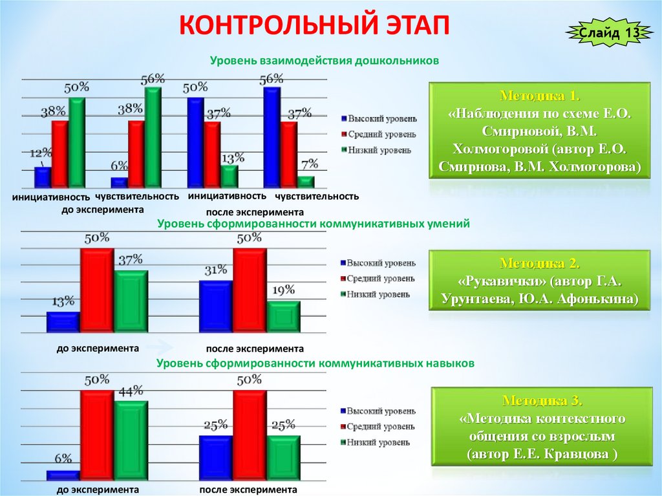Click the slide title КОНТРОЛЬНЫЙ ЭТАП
click(x=314, y=28)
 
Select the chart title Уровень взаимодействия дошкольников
click(x=324, y=60)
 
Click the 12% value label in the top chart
click(x=40, y=153)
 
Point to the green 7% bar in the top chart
click(x=306, y=182)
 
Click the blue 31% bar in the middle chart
click(x=216, y=306)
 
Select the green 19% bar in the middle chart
click(x=283, y=317)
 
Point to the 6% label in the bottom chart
click(x=63, y=459)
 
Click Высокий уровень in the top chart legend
click(x=382, y=119)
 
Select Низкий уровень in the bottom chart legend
click(x=378, y=443)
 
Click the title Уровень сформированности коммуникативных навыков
click(x=315, y=363)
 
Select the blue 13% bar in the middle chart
click(x=63, y=322)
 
